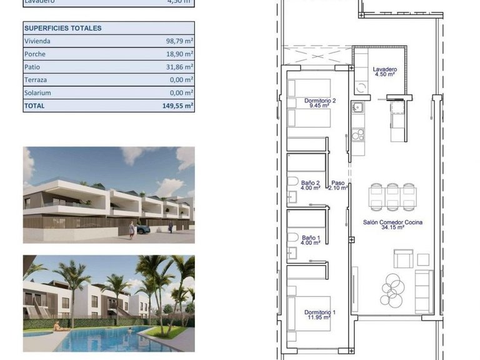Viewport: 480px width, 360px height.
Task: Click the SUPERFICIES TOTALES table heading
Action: (x=62, y=28)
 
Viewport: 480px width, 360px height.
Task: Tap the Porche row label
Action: (x=34, y=54)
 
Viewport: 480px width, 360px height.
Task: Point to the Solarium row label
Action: (x=37, y=93)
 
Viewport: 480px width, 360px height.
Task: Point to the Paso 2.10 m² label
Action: (x=338, y=185)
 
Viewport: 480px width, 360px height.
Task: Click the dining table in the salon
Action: (x=392, y=198)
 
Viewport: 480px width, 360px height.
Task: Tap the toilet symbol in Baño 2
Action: (x=292, y=181)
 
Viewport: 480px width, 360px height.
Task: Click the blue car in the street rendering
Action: (x=142, y=229)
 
